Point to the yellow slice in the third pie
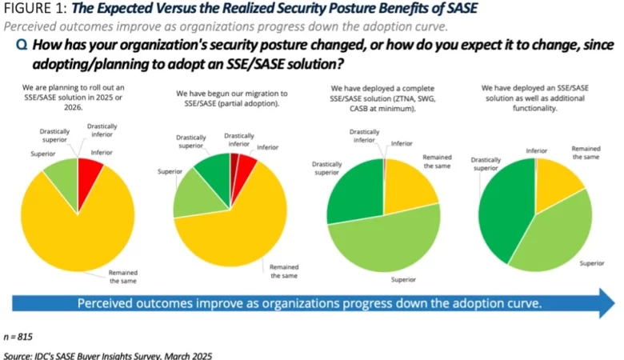click(x=409, y=185)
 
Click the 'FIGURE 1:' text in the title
click(x=30, y=9)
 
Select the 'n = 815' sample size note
click(x=19, y=337)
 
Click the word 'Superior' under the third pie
click(x=404, y=279)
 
